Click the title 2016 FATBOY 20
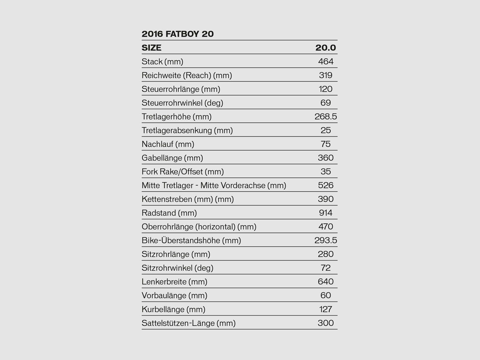(178, 34)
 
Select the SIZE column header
(151, 48)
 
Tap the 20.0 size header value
(325, 48)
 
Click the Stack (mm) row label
(162, 61)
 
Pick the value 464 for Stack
(325, 61)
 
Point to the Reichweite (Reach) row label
(187, 75)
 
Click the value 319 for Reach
(325, 75)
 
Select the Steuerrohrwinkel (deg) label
(182, 103)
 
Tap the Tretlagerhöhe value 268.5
(325, 117)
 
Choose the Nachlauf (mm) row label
(168, 144)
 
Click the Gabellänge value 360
(325, 158)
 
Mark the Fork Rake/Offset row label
(183, 172)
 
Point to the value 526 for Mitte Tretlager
(325, 185)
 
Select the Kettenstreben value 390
(325, 199)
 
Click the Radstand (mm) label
(169, 213)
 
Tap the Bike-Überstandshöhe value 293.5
(325, 241)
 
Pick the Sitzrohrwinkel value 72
(325, 268)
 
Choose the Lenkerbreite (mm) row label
(174, 282)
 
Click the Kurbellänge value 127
(325, 309)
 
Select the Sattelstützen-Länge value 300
(325, 323)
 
